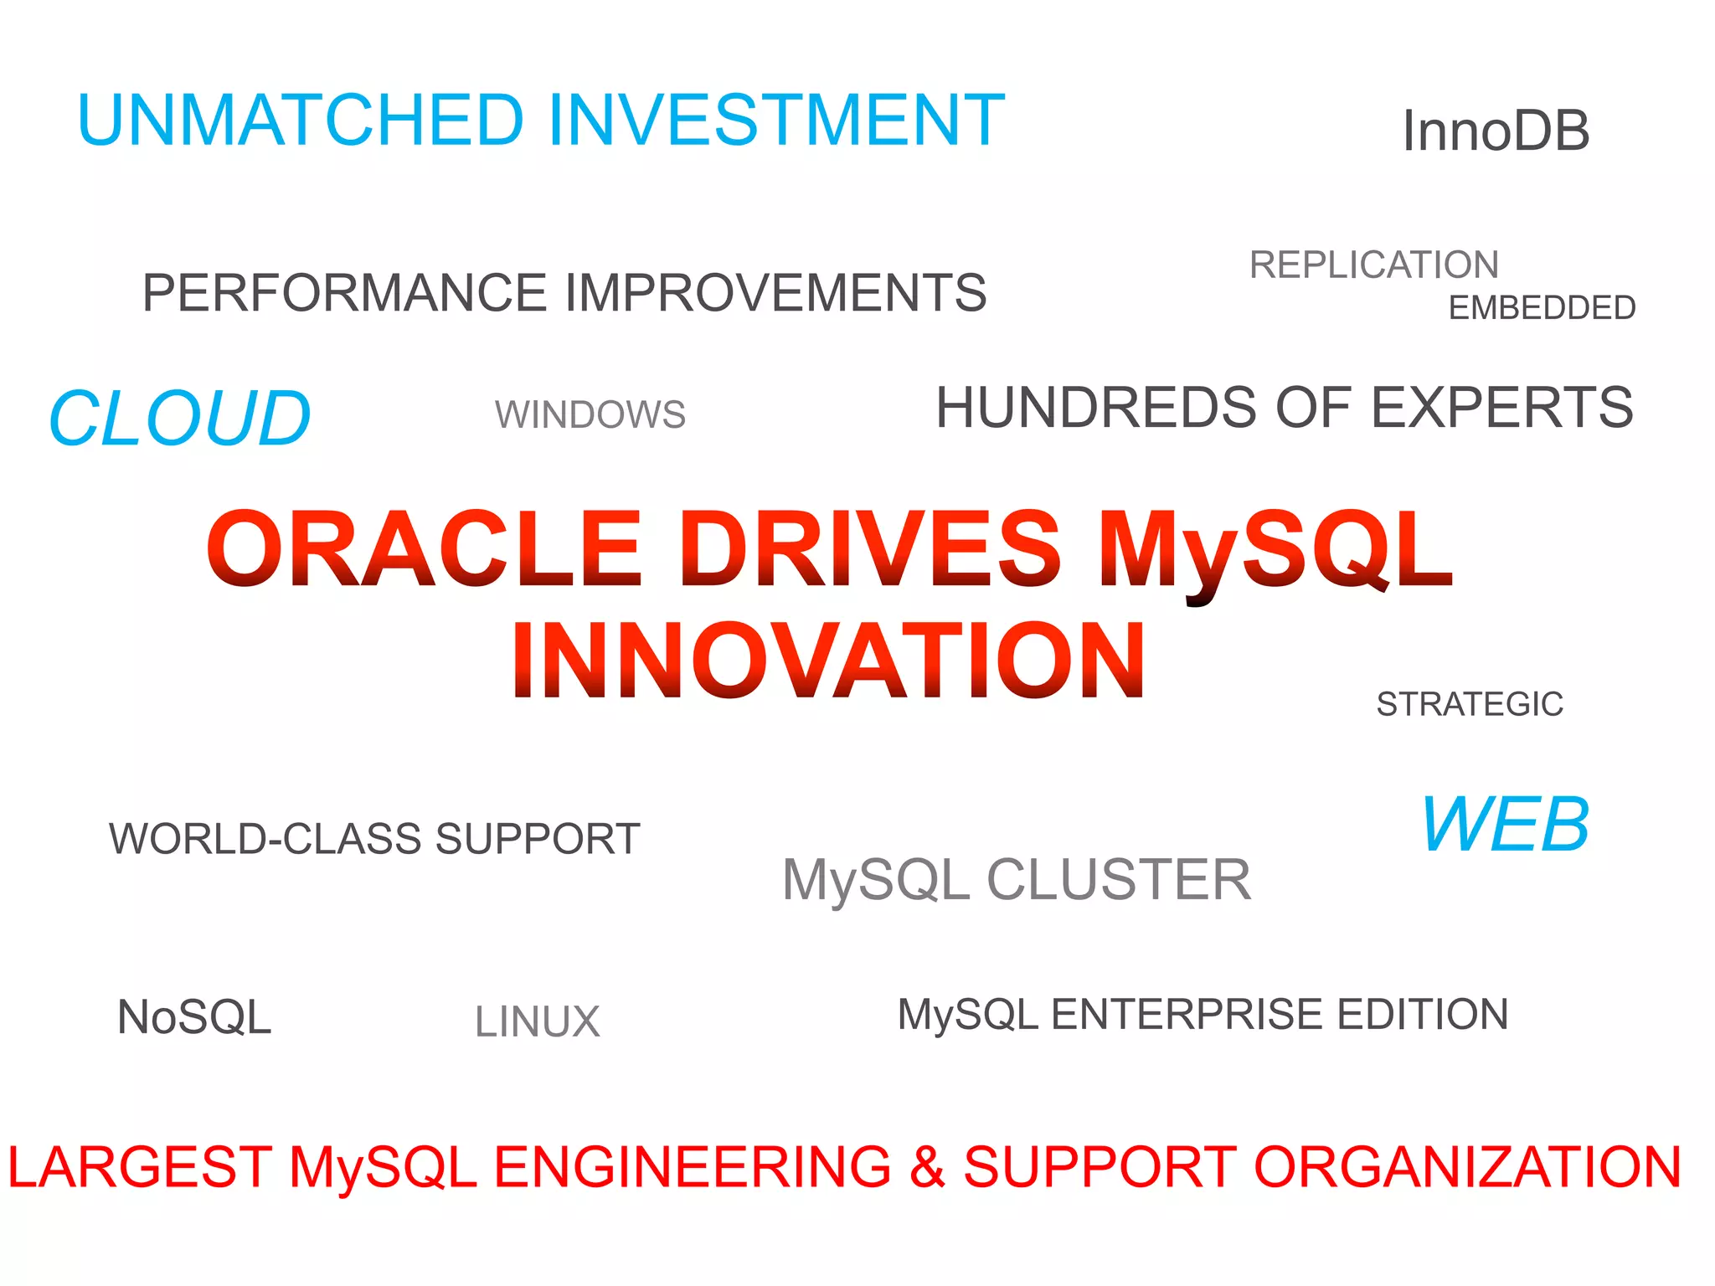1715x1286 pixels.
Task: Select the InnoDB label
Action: [x=1496, y=131]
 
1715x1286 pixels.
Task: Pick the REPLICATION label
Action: [x=1373, y=265]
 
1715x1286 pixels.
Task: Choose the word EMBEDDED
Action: [x=1542, y=308]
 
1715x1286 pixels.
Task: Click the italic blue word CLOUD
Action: [x=180, y=418]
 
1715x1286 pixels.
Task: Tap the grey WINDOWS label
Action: [x=590, y=415]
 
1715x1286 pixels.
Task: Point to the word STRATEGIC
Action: [x=1470, y=704]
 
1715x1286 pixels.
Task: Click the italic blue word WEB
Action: [x=1505, y=825]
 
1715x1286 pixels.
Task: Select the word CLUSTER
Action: [x=1119, y=880]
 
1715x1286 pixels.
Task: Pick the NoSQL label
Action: [x=194, y=1017]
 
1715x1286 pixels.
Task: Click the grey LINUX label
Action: [x=538, y=1022]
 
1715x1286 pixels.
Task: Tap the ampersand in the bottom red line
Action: [x=927, y=1167]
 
